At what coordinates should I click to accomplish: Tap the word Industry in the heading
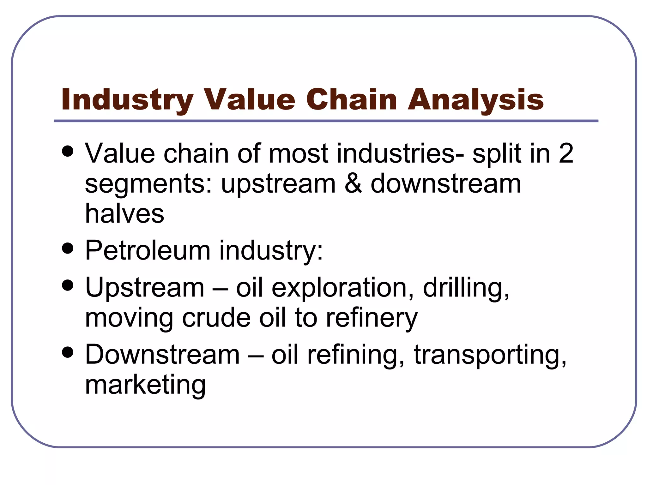tap(127, 100)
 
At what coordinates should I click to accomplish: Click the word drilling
tap(466, 288)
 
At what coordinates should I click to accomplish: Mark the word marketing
tap(145, 385)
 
